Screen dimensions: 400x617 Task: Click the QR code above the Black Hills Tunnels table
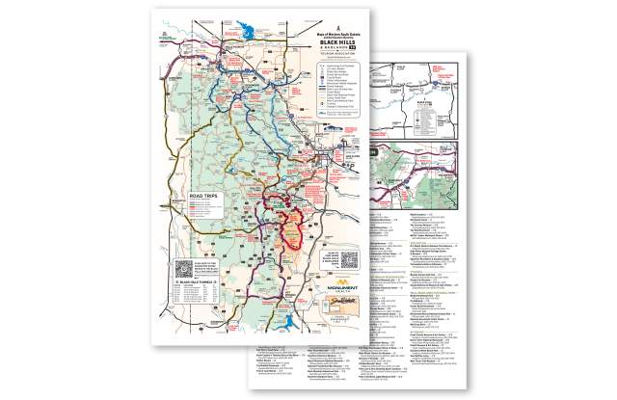tap(184, 265)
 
